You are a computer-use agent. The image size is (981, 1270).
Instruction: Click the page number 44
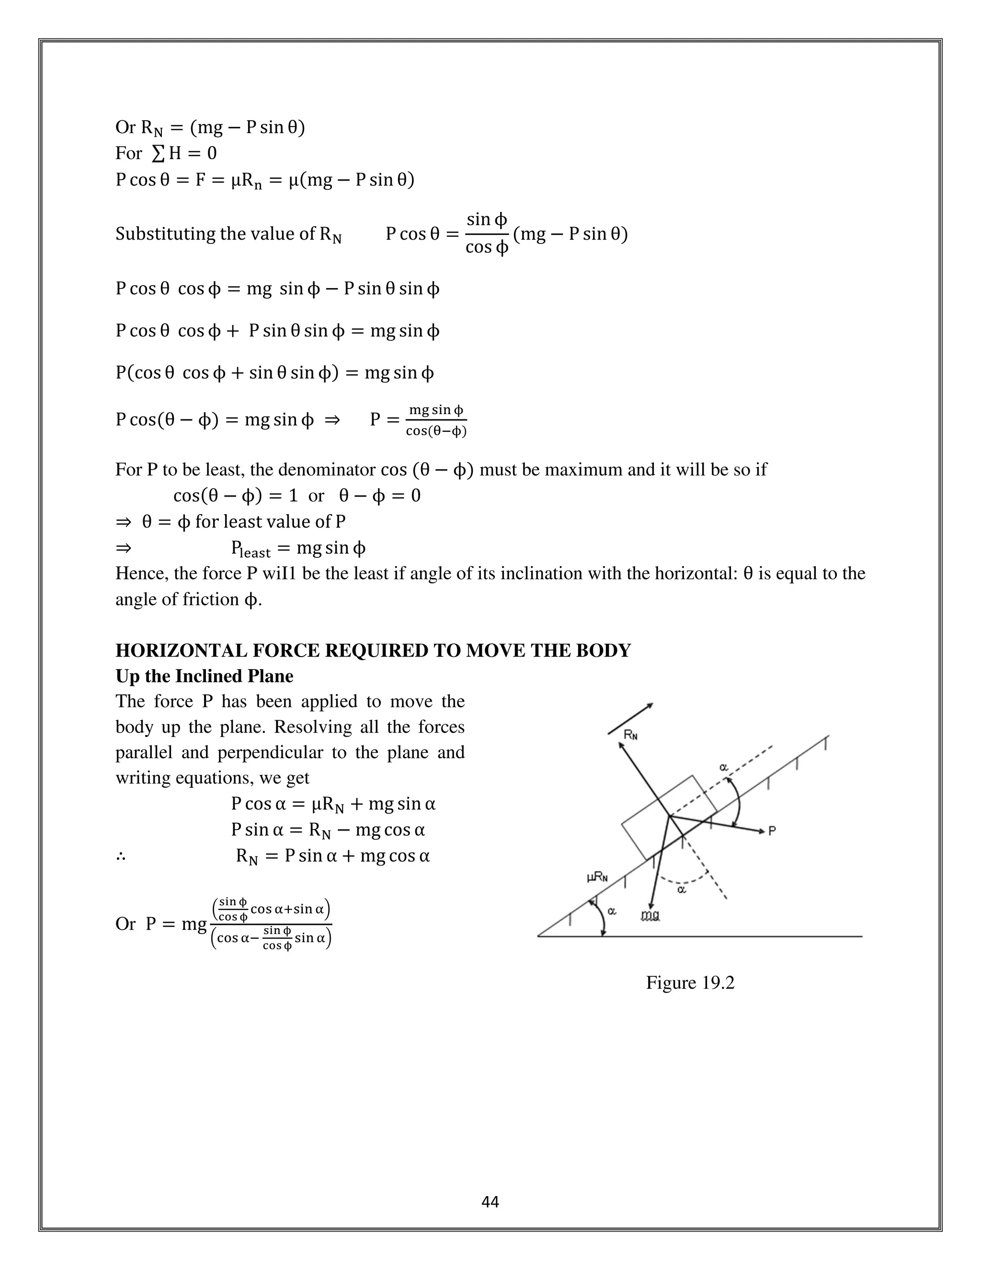coord(490,1202)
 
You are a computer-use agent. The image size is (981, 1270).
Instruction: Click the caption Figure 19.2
coord(690,983)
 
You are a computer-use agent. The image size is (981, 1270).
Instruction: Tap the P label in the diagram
coord(772,831)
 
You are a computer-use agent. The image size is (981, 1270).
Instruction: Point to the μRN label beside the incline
coord(597,877)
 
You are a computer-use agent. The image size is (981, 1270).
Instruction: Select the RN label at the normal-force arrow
coord(630,736)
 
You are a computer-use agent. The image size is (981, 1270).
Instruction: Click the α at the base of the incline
coord(612,911)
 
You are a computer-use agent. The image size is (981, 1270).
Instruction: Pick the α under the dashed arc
coord(682,889)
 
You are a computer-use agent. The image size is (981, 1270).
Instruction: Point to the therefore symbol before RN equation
coord(121,856)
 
